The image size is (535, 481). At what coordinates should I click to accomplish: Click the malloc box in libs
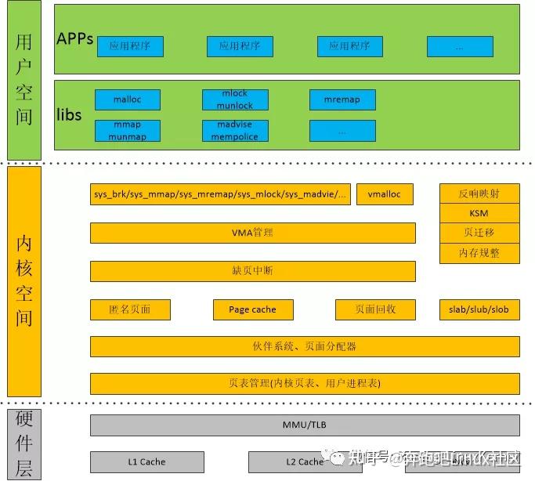tap(128, 99)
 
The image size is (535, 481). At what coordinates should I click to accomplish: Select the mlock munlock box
tap(235, 99)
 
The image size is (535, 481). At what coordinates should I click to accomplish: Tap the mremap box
tap(342, 99)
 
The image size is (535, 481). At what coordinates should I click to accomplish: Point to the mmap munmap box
tap(128, 130)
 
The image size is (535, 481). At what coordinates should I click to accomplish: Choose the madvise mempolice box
tap(235, 130)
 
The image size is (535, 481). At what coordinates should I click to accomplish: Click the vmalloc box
tap(385, 194)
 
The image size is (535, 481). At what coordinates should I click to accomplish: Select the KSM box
tap(479, 213)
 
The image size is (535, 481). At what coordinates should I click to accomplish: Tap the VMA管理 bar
tap(252, 233)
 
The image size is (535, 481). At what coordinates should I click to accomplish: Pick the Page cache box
tap(252, 309)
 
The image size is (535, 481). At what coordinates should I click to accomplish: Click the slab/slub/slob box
tap(479, 309)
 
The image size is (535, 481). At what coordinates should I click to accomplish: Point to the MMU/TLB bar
tap(305, 425)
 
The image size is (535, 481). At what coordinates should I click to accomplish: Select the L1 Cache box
tap(146, 461)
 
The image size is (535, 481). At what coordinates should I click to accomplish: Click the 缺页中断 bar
tap(252, 271)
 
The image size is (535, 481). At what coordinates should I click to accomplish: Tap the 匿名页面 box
tap(130, 309)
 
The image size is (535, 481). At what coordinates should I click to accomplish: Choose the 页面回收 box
tap(375, 309)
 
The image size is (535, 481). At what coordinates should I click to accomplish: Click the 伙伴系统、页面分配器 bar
tap(305, 346)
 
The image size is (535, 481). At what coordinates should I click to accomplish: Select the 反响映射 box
tap(479, 193)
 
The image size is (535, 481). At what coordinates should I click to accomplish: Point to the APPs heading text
tap(75, 38)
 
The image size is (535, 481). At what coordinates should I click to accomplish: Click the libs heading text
tap(69, 115)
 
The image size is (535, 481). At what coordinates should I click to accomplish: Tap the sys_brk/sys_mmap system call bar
tap(220, 194)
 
